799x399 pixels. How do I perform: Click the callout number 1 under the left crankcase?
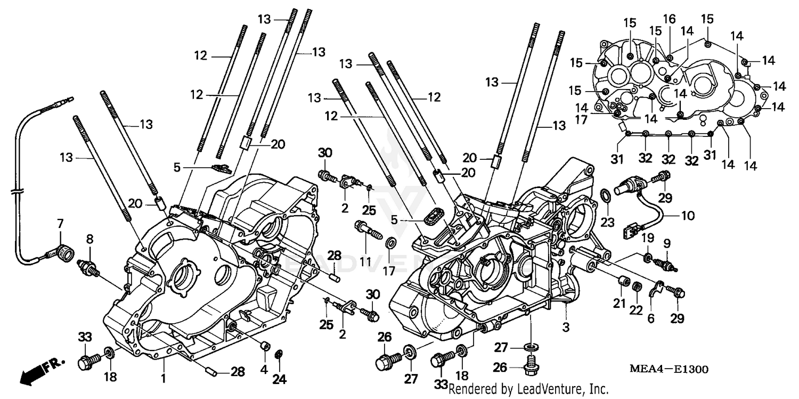coord(164,379)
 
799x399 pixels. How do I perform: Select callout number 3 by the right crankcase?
coord(566,325)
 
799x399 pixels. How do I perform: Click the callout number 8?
coord(89,239)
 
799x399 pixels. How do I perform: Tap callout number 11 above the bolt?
coord(366,249)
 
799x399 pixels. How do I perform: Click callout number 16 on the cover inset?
coord(670,19)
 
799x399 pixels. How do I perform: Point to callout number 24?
coord(280,379)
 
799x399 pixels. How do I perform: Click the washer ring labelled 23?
coord(606,196)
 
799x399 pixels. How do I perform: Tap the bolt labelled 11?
coord(368,231)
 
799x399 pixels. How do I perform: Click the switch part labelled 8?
coord(88,266)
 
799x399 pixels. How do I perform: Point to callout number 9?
coord(666,243)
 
